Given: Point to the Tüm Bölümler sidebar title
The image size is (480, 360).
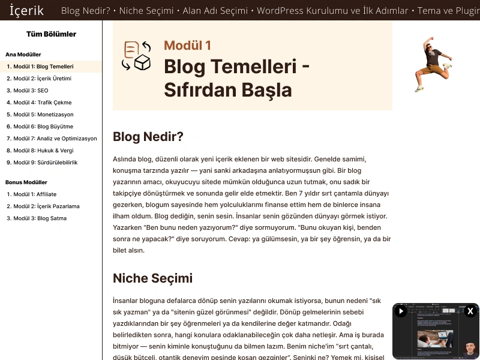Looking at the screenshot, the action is click(52, 34).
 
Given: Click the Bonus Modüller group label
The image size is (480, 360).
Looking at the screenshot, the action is click(26, 182).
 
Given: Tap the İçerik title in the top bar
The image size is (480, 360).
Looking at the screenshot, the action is click(26, 11).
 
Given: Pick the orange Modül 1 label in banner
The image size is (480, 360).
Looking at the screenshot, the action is click(187, 46).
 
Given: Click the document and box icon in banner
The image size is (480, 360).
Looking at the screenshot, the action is click(136, 56).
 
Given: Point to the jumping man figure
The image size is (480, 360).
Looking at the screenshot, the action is click(432, 63).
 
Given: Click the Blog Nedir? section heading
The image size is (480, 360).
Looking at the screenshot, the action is click(148, 137).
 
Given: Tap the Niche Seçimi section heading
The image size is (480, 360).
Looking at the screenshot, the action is click(152, 278).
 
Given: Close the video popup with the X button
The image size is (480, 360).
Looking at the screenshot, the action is click(470, 311).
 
